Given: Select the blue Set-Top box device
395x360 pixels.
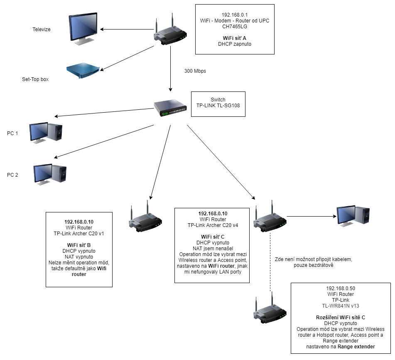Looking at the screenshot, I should pyautogui.click(x=83, y=71).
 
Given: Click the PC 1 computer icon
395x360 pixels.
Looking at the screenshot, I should pyautogui.click(x=46, y=133).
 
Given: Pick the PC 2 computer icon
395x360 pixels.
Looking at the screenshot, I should pyautogui.click(x=50, y=173).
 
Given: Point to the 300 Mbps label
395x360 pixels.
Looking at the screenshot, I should pyautogui.click(x=195, y=71).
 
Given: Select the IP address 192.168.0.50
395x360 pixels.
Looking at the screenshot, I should pyautogui.click(x=341, y=288).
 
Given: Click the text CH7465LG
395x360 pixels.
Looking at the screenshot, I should pyautogui.click(x=235, y=26).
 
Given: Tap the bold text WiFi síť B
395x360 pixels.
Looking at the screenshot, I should pyautogui.click(x=79, y=245).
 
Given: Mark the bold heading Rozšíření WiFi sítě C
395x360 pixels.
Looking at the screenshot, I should pyautogui.click(x=341, y=317).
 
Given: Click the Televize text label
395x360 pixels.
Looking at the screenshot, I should pyautogui.click(x=42, y=30).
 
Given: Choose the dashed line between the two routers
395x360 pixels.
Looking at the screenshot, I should pyautogui.click(x=270, y=262).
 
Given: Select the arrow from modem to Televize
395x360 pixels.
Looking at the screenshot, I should pyautogui.click(x=127, y=30).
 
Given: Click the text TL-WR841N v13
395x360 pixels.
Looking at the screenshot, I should pyautogui.click(x=341, y=306).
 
